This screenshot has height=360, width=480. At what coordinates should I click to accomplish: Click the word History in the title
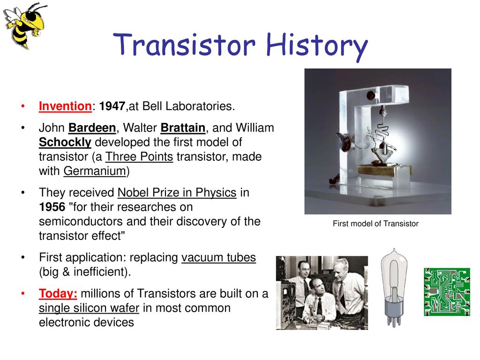coord(317,46)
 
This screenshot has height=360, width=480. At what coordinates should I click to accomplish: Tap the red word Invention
coord(65,106)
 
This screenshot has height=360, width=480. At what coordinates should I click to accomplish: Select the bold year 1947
coord(112,106)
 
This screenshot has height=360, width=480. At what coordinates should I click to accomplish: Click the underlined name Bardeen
coord(92,128)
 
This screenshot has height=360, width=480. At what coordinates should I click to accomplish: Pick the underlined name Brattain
coord(183,128)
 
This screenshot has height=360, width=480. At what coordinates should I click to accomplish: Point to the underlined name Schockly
coord(65,142)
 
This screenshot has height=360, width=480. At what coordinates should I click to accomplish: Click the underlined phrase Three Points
coord(139,157)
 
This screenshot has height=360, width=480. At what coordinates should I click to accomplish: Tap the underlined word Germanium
coord(95,171)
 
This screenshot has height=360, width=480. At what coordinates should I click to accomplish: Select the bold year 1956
coord(52,207)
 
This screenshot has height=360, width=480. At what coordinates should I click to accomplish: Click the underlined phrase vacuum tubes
coord(218,257)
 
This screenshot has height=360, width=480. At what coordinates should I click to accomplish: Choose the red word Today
coord(58,293)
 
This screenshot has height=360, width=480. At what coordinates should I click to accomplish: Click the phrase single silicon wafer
coord(89,308)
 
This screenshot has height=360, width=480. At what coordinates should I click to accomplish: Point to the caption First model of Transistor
coord(375,224)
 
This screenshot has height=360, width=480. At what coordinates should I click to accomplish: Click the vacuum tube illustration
coord(394,287)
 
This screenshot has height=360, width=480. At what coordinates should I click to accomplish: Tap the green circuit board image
coord(447,292)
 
